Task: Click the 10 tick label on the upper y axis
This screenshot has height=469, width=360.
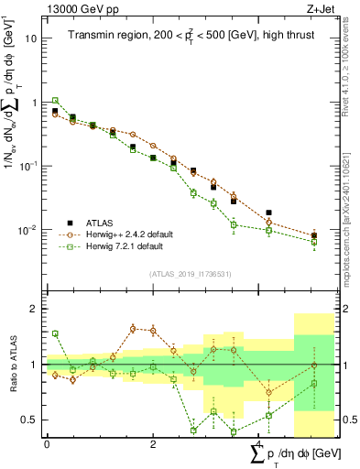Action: point(31,38)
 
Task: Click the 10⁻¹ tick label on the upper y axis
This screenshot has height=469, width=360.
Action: point(29,166)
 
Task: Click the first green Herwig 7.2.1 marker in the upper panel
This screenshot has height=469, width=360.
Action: point(55,101)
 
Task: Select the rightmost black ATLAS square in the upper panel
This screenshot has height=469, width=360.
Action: point(314,235)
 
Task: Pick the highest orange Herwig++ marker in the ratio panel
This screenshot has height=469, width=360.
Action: point(133,328)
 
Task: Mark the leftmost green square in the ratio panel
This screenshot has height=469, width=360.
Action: point(55,333)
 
